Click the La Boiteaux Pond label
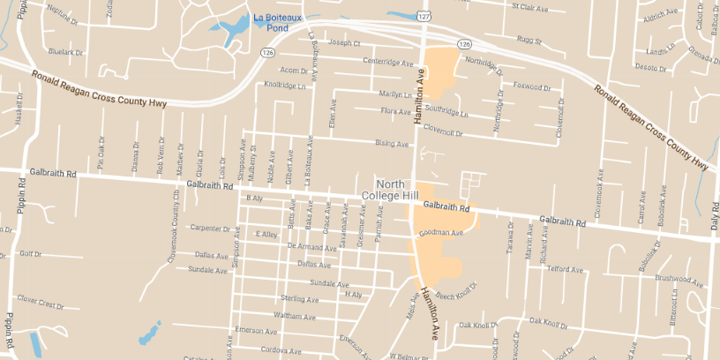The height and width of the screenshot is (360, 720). pos(277,22)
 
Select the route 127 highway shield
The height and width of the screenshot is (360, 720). pos(426,16)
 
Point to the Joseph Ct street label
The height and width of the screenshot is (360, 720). pos(344,42)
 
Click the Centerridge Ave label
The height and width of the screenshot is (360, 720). pos(387,64)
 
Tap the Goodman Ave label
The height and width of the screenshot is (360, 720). pos(441,233)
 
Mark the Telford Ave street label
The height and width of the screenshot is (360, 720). pos(566,269)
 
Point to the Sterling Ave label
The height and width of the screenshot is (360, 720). pos(298,299)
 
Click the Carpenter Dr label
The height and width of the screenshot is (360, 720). pos(210,228)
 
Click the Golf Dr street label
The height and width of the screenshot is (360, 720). pos(30,253)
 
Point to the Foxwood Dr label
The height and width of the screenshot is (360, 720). pos(531,87)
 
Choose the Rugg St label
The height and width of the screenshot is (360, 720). pos(529,40)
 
